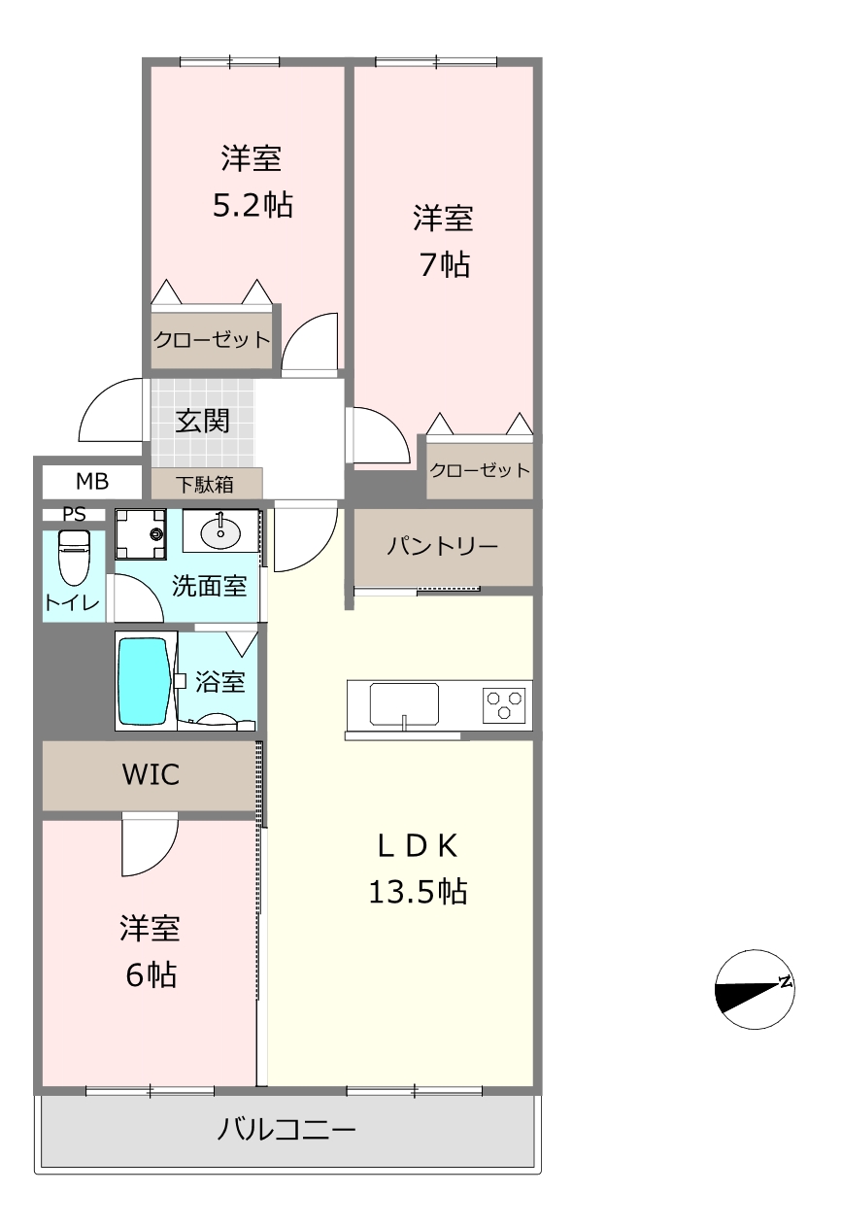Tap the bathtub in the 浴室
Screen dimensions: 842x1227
(x=144, y=681)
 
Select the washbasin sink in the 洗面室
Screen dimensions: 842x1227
(x=220, y=531)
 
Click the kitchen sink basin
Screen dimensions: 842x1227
(x=404, y=704)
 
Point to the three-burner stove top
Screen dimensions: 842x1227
(x=504, y=705)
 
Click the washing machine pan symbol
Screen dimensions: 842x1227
(x=141, y=534)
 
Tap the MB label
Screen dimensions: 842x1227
(x=92, y=482)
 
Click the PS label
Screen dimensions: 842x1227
(x=74, y=514)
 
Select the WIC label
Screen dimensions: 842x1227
(x=151, y=774)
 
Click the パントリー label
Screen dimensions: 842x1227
(x=442, y=546)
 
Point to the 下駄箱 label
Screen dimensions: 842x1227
(x=205, y=485)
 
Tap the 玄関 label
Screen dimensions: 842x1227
(x=203, y=421)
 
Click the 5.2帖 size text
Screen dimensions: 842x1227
(x=253, y=205)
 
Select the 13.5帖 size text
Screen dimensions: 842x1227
(x=418, y=891)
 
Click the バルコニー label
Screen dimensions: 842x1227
(x=286, y=1130)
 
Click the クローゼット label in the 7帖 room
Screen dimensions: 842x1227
(x=480, y=470)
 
